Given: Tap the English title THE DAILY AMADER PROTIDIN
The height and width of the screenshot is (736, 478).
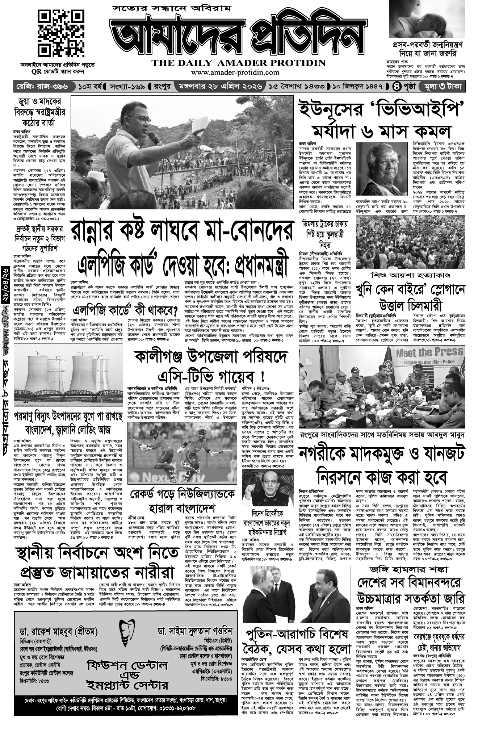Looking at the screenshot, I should [x=239, y=63].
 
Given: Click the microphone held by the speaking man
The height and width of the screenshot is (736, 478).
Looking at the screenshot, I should [x=154, y=138].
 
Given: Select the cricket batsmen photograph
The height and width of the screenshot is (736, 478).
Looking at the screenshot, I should [x=182, y=452].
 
